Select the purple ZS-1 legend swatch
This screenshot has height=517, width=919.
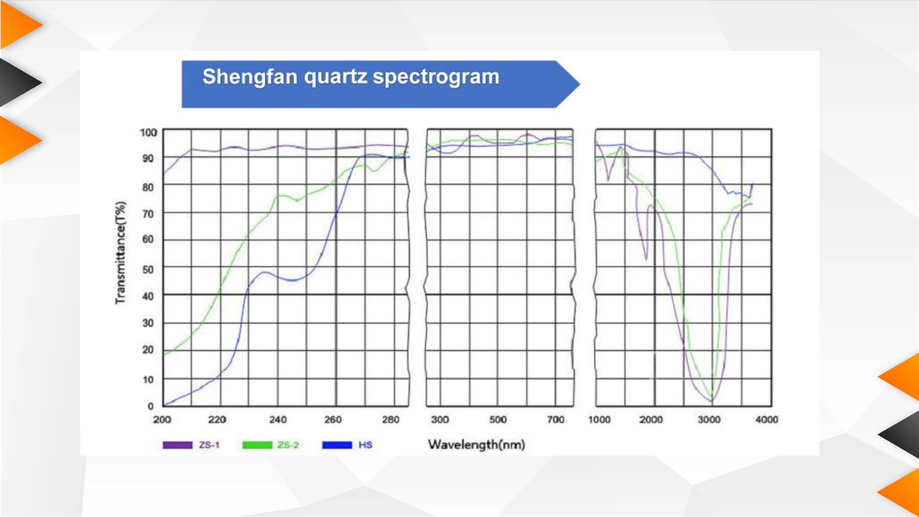click(177, 445)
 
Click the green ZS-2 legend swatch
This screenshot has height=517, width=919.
click(257, 445)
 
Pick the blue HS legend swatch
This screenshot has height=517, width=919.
click(337, 445)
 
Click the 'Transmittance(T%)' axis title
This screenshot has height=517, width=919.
click(121, 253)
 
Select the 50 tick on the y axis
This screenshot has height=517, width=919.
click(148, 270)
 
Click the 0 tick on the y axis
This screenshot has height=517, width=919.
click(150, 406)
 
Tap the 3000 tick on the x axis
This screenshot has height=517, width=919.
click(709, 420)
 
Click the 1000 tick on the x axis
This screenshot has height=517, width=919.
click(599, 420)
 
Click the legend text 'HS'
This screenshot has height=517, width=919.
click(365, 445)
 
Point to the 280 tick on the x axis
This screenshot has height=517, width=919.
click(391, 420)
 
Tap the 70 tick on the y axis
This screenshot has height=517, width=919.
click(148, 214)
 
